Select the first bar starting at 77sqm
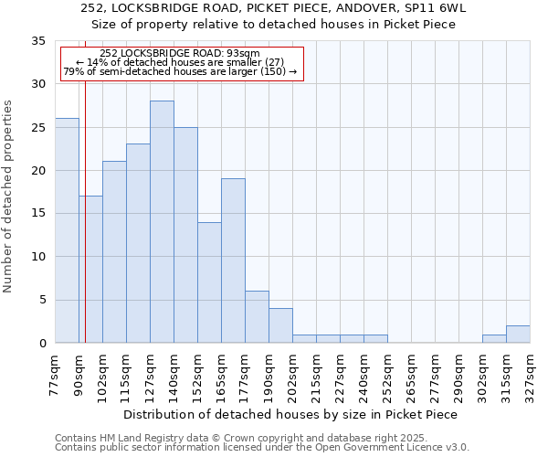click(67, 230)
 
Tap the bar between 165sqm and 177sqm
click(233, 260)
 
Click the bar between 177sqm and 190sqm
click(257, 317)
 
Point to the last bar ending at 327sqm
click(518, 335)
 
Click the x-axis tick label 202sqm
click(292, 374)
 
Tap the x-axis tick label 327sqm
click(530, 374)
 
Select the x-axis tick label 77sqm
click(55, 372)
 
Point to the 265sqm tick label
click(411, 374)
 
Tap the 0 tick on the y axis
click(42, 344)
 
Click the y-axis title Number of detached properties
click(9, 197)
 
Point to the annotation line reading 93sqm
click(180, 53)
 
